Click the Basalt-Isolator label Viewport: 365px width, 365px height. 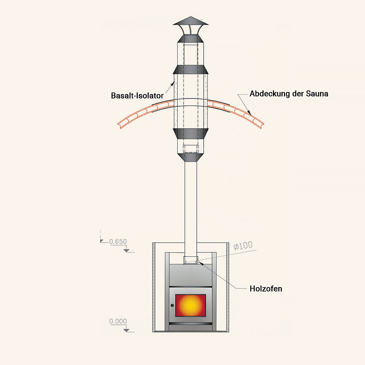click(137, 96)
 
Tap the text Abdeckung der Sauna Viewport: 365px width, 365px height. click(289, 94)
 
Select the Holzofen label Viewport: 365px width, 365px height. click(266, 289)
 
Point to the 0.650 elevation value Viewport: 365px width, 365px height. click(118, 242)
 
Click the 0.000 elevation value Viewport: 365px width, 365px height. click(118, 322)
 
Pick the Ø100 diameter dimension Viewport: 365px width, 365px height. click(243, 245)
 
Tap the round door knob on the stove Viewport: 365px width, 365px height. click(172, 305)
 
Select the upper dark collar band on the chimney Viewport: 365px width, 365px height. click(190, 69)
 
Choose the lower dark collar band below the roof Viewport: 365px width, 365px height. click(190, 133)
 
